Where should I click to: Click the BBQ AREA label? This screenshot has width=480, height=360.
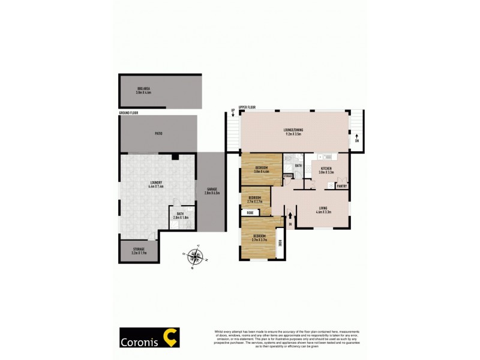pyautogui.click(x=143, y=91)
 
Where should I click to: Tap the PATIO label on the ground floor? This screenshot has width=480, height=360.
pyautogui.click(x=158, y=133)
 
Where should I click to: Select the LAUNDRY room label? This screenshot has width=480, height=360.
pyautogui.click(x=156, y=184)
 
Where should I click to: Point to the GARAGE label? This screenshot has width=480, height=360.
pyautogui.click(x=212, y=191)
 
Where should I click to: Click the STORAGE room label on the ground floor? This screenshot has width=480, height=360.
pyautogui.click(x=139, y=251)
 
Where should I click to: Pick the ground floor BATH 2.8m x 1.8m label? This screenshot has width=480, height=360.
pyautogui.click(x=180, y=215)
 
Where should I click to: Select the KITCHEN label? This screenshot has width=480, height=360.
pyautogui.click(x=326, y=169)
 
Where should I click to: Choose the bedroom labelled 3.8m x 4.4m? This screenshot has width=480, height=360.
pyautogui.click(x=262, y=169)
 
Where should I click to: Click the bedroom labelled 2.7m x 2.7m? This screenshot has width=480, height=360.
pyautogui.click(x=255, y=199)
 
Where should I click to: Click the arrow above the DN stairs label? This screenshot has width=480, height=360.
pyautogui.click(x=357, y=136)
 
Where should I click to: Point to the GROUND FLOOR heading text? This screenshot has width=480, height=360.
pyautogui.click(x=128, y=112)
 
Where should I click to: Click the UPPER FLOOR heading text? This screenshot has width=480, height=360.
pyautogui.click(x=247, y=107)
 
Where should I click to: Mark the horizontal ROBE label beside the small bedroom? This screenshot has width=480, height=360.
pyautogui.click(x=250, y=212)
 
